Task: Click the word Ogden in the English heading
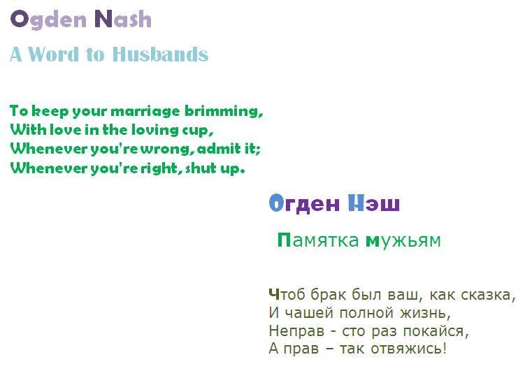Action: coord(48,20)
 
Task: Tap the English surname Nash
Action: coord(123,19)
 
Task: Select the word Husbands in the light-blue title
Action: coord(160,54)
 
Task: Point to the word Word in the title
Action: coord(53,54)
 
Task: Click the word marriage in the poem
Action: coord(145,112)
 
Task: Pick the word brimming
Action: coord(224,111)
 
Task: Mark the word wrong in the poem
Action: coord(165,150)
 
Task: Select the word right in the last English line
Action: coord(159,168)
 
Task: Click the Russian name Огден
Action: coord(304,203)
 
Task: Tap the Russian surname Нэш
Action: coord(374,203)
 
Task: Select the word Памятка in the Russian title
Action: coord(318,240)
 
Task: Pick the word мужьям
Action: coord(403,241)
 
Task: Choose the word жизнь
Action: coord(425,313)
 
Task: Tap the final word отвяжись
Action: coord(408,348)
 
